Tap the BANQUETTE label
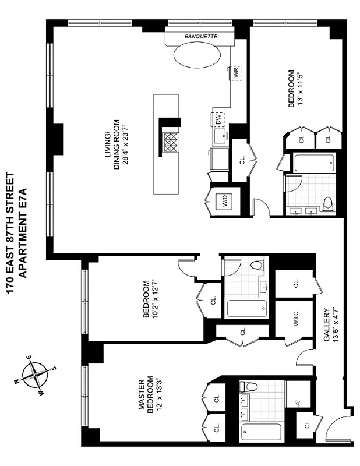click(x=200, y=36)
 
